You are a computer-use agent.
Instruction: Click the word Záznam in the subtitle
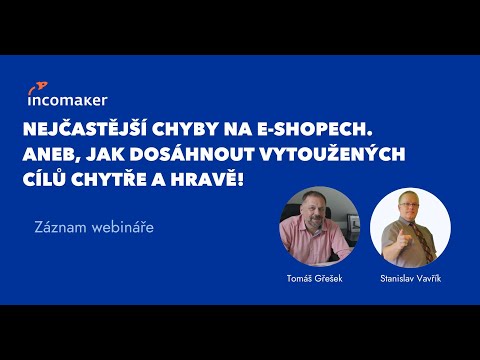(59, 227)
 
